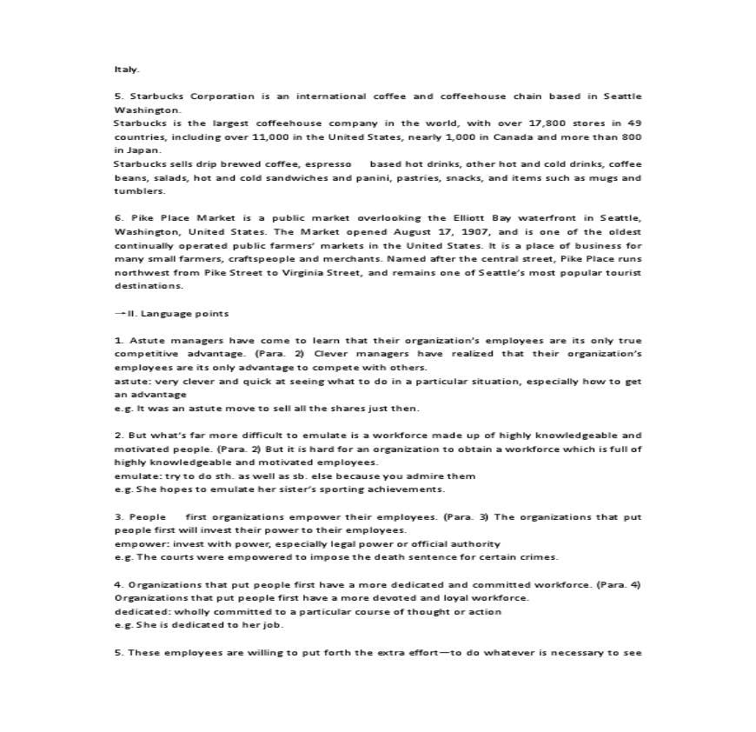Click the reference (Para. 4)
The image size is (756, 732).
[x=619, y=584]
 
